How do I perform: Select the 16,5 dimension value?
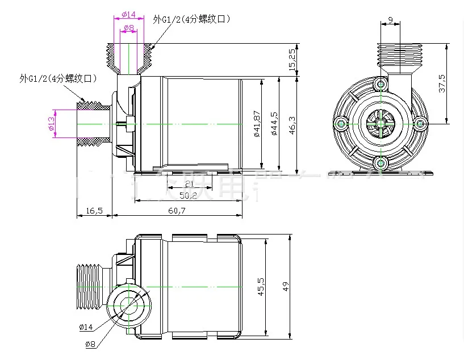[x=94, y=211]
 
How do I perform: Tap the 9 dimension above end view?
[x=390, y=20]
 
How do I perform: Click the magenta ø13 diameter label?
[x=51, y=123]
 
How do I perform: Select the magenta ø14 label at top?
[x=128, y=14]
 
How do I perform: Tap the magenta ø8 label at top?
[x=128, y=27]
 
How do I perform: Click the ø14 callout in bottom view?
[x=86, y=326]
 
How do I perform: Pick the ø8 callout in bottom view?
[x=90, y=344]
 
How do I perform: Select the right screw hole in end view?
[x=420, y=123]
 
